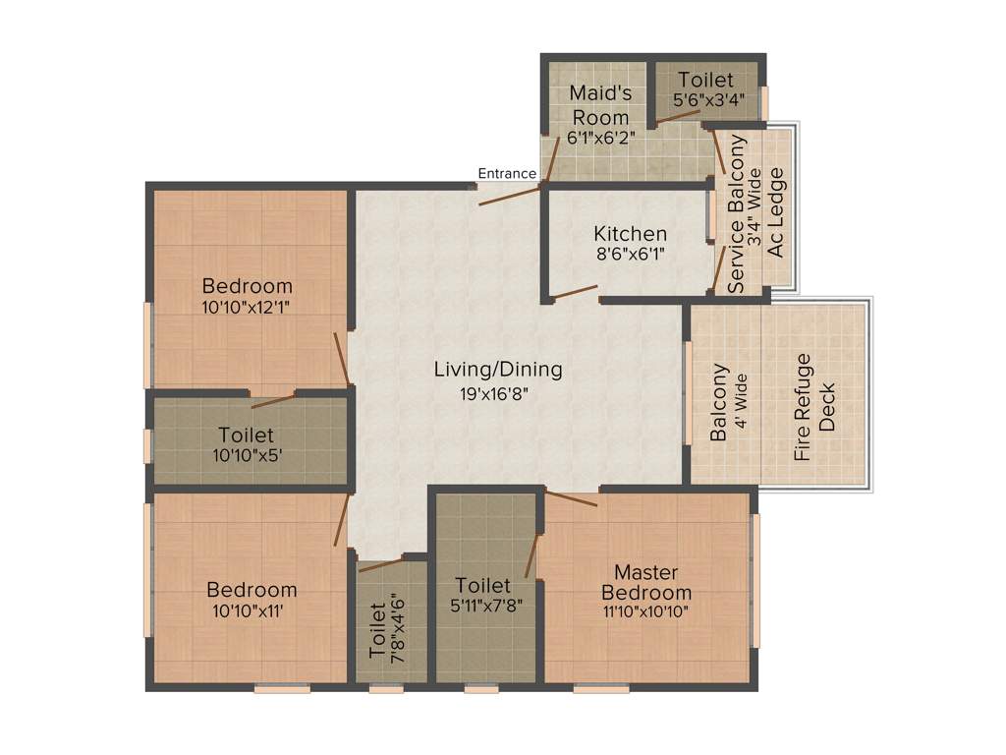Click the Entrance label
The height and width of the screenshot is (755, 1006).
click(x=507, y=174)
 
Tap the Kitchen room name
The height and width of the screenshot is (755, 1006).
click(x=630, y=234)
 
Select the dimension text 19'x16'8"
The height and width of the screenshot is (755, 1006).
click(x=498, y=391)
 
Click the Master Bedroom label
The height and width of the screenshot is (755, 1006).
click(x=646, y=582)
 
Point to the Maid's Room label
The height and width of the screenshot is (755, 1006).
click(x=599, y=105)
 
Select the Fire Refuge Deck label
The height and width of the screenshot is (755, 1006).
click(x=814, y=407)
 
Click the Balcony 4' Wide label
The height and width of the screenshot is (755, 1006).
click(x=728, y=402)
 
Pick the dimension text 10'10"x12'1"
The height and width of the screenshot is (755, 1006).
click(x=247, y=307)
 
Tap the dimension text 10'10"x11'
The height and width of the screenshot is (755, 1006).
click(x=251, y=610)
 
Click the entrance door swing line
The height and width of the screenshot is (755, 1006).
click(x=509, y=194)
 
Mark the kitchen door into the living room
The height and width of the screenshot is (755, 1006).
click(x=574, y=291)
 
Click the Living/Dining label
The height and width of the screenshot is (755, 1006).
click(x=498, y=370)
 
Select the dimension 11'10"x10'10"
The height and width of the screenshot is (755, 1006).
click(x=646, y=610)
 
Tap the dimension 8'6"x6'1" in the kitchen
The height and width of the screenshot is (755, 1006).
click(x=630, y=254)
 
